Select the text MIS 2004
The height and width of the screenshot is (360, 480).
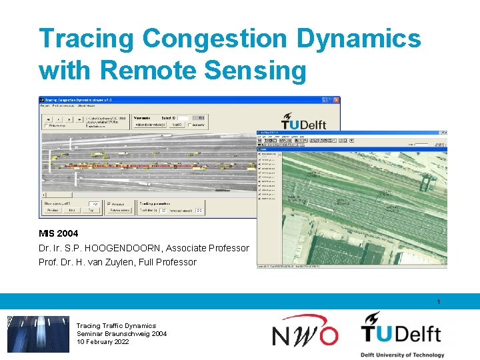point(58,233)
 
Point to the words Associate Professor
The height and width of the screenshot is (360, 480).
point(209,248)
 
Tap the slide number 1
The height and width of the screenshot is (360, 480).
point(439,302)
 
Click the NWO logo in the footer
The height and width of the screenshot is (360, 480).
point(305,331)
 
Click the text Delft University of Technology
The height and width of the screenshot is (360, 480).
point(402,354)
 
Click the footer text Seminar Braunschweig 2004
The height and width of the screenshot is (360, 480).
point(121,334)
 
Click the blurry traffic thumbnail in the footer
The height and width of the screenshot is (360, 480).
point(38,334)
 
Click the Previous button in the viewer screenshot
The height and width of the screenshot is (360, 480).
point(53,210)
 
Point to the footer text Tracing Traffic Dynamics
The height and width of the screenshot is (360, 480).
point(116,326)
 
